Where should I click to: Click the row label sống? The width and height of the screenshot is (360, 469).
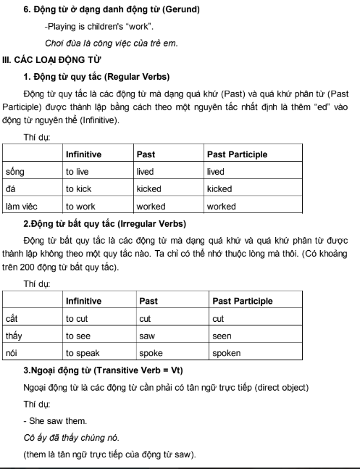15,172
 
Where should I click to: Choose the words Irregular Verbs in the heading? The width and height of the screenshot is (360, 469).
155,223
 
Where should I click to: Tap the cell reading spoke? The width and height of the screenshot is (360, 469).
151,354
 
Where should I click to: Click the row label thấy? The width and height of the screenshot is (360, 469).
14,336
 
